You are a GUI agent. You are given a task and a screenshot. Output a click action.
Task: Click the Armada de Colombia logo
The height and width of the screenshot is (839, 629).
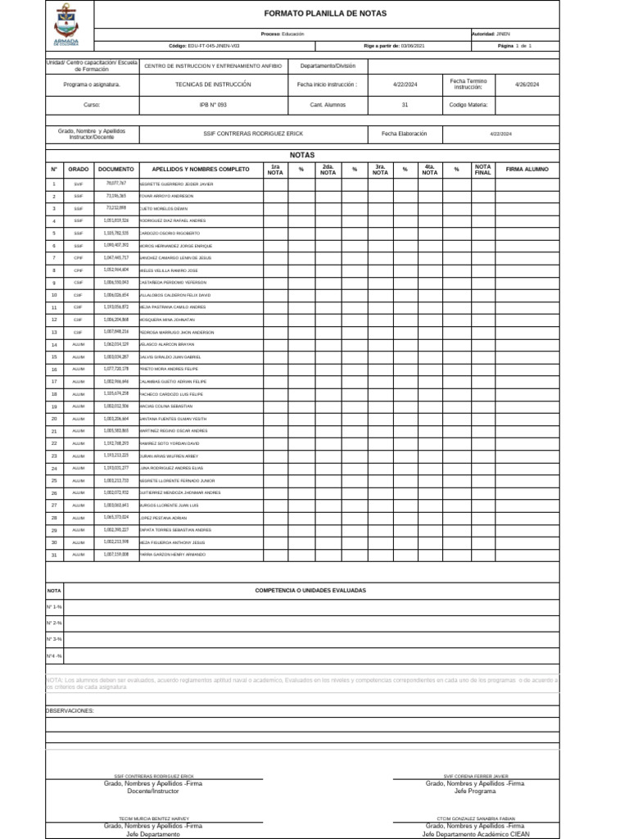coord(66,24)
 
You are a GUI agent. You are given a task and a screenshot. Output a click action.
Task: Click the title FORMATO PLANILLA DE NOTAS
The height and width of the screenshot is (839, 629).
coord(325,14)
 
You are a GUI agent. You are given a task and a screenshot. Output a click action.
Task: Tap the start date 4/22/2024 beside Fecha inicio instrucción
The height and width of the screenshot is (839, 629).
coord(405,84)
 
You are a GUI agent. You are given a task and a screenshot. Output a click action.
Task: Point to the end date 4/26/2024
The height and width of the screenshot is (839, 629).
coord(527,84)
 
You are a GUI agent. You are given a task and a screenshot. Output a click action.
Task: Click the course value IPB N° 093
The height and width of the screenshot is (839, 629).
coord(213,105)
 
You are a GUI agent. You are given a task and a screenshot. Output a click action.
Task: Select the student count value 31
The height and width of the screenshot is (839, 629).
coord(405,105)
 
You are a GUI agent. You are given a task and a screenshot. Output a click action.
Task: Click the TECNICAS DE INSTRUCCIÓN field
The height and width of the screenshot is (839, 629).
coord(213,84)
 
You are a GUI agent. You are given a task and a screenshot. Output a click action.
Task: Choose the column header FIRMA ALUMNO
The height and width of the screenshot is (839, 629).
coord(527,169)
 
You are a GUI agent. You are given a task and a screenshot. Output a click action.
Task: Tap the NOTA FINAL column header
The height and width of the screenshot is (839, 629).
coord(483,169)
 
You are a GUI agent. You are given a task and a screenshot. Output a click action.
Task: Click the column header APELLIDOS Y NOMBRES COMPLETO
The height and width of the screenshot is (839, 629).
coord(201,169)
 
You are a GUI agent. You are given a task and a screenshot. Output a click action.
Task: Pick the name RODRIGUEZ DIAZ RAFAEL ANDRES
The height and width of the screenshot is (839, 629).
coord(173,221)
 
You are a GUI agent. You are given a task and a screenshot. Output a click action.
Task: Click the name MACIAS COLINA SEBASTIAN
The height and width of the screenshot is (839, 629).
coord(167,406)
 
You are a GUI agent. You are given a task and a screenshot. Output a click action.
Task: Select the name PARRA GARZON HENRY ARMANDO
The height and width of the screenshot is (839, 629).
coord(173,555)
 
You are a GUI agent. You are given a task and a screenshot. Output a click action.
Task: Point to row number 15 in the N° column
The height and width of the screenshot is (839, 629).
coord(54,357)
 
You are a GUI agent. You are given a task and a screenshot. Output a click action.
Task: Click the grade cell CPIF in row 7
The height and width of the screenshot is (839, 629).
coord(79,258)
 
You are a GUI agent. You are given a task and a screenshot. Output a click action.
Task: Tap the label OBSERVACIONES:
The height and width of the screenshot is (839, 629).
coord(70,710)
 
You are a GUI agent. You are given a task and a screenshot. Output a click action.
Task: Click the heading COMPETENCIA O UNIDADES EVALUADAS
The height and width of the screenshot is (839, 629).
coord(310,590)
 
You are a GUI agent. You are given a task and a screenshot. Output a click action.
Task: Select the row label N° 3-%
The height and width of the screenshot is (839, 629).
coord(54,639)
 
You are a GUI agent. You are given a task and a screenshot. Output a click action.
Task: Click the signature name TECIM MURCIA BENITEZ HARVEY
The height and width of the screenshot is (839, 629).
coord(153,819)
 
